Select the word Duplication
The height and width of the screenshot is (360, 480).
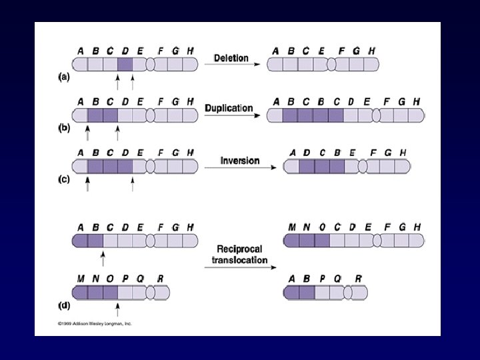[x=229, y=108]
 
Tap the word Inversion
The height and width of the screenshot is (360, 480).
[x=239, y=161]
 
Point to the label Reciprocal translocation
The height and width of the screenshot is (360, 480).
[x=239, y=254]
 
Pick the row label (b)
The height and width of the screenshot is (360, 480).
[x=63, y=127]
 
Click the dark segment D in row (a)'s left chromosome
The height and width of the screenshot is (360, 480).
[x=125, y=65]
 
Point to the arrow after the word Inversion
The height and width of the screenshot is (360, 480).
[x=240, y=167]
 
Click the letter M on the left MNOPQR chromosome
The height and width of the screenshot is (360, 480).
[x=80, y=279]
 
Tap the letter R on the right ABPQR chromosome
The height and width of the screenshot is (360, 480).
[x=358, y=279]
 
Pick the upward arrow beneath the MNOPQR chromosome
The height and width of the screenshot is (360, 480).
[x=117, y=309]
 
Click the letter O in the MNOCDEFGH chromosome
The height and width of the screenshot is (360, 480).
[x=323, y=227]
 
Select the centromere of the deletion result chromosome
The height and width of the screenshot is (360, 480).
[x=331, y=64]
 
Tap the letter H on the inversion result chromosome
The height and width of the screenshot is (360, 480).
[x=403, y=153]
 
